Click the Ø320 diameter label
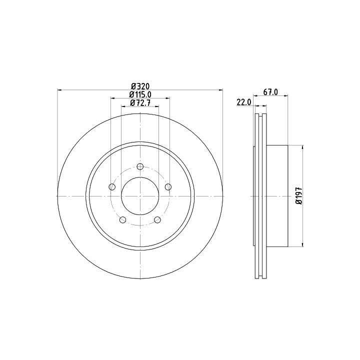tap(140, 86)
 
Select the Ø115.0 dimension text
tap(140, 94)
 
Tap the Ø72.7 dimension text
tap(140, 102)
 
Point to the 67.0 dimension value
tap(270, 92)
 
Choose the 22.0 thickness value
tap(244, 102)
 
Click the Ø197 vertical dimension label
tap(298, 196)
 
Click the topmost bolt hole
tap(140, 166)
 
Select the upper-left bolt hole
tap(112, 187)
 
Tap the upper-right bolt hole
tap(168, 187)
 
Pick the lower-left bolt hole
tap(123, 219)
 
